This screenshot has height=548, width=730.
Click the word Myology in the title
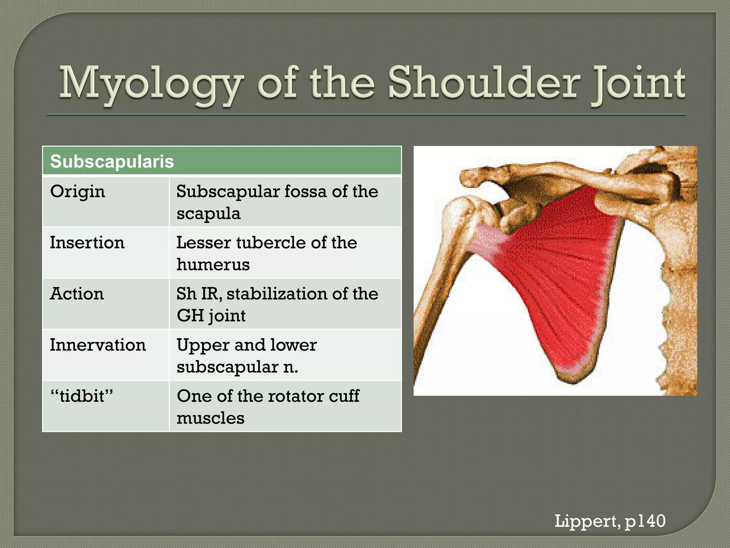[x=150, y=84]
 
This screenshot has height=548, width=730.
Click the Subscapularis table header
[x=112, y=161]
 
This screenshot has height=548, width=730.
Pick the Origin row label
[x=77, y=192]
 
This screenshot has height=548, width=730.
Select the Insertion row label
[x=87, y=243]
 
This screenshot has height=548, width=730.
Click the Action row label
[x=77, y=294]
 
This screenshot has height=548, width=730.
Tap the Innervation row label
[x=98, y=345]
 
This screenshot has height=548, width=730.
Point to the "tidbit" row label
[x=82, y=396]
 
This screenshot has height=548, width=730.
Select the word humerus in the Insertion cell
[x=213, y=265]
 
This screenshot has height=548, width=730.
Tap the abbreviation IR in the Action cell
[x=211, y=294]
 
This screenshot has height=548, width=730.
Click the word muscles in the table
[x=210, y=418]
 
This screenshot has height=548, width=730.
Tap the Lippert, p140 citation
[x=610, y=521]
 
